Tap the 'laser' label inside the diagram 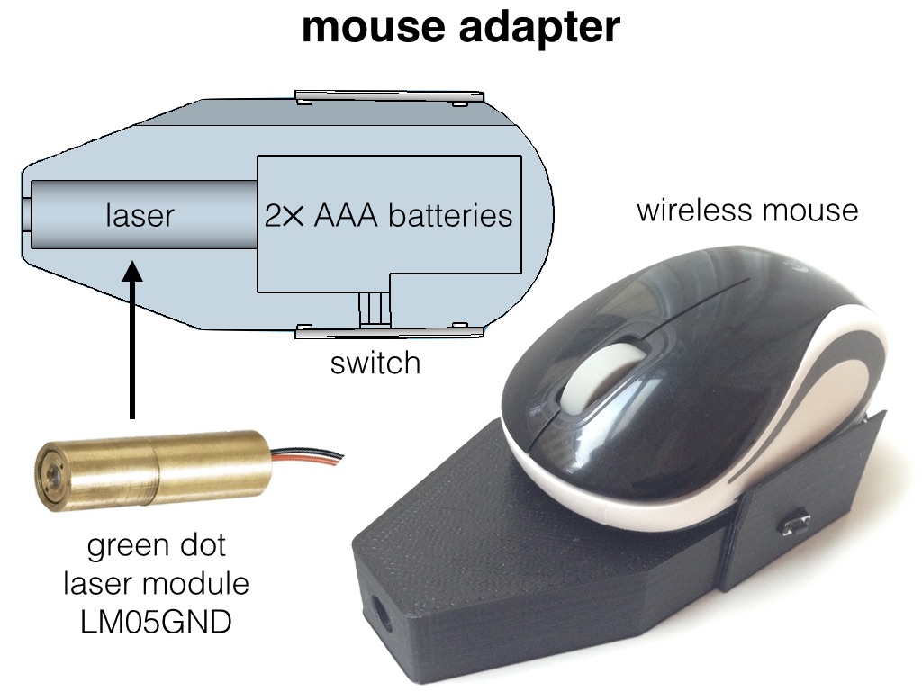click(140, 216)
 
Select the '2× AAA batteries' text click(388, 216)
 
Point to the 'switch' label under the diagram click(375, 363)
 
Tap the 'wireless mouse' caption click(747, 211)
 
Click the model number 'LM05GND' click(156, 621)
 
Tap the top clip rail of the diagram click(389, 96)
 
